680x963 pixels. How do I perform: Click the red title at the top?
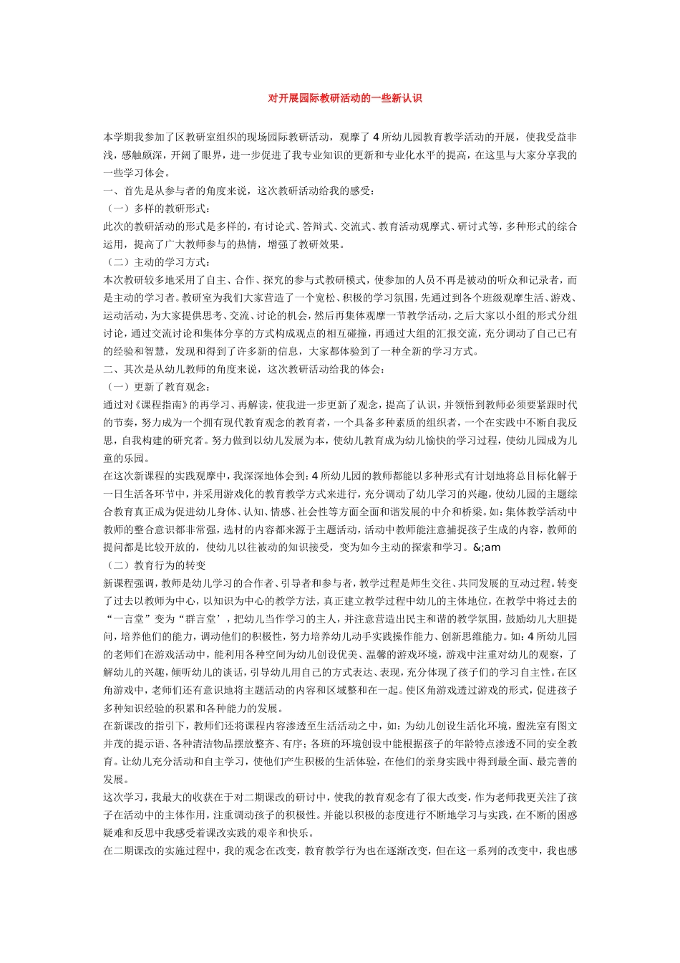point(344,98)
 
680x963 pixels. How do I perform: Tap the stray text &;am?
point(487,547)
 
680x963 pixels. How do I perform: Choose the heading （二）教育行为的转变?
point(155,565)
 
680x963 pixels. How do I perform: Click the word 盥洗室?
point(520,726)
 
